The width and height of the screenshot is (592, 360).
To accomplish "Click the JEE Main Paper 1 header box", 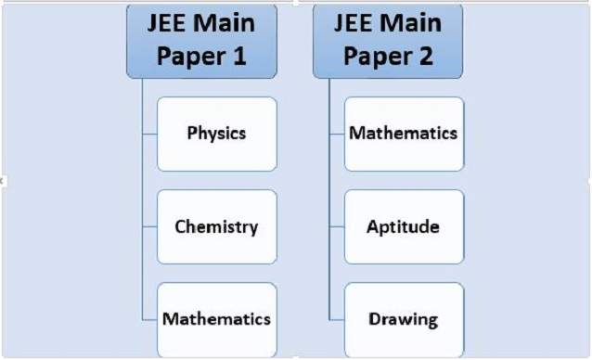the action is click(201, 40).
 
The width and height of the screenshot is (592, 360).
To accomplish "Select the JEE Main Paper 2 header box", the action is click(389, 40).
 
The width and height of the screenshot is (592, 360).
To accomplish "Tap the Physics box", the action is click(216, 134).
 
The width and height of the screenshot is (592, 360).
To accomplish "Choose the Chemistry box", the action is click(216, 226).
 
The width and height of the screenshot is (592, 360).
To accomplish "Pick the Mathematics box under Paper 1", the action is click(216, 319).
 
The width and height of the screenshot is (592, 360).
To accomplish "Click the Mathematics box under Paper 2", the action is click(404, 134).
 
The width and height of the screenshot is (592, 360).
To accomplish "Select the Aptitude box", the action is click(404, 226).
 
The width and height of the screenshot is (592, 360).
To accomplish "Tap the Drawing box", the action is click(404, 319).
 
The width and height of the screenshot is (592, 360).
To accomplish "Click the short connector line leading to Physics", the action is click(149, 134).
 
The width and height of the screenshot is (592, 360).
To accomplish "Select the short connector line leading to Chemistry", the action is click(149, 226).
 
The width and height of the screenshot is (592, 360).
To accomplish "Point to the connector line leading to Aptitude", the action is click(337, 226).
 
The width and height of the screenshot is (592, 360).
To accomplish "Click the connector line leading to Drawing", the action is click(337, 319).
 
